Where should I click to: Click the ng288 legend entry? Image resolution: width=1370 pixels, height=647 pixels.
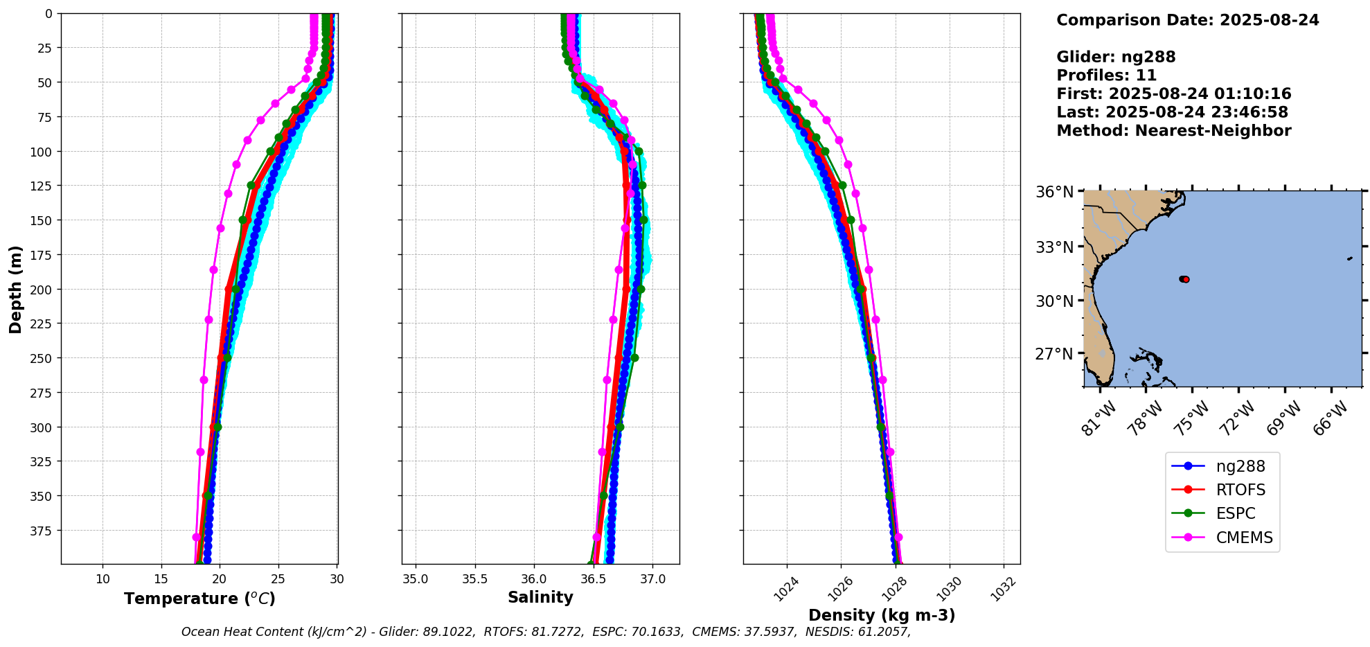pos(1240,466)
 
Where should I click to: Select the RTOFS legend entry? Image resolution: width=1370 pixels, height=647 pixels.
pos(1240,490)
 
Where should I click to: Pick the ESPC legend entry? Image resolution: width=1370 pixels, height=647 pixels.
pos(1235,513)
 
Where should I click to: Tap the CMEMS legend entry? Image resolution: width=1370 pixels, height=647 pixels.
pos(1244,538)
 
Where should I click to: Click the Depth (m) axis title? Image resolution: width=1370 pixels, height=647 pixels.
pos(15,289)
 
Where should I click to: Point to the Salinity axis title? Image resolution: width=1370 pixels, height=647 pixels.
pos(540,598)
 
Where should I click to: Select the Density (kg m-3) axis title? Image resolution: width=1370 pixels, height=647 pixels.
pos(881,615)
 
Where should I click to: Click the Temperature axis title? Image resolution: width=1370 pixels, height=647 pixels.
pos(199,599)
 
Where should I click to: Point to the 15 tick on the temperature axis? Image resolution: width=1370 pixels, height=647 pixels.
pos(161,578)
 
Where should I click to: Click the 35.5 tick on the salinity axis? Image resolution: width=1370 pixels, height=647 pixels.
pos(474,578)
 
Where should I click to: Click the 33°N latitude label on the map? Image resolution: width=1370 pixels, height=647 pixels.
pos(1054,247)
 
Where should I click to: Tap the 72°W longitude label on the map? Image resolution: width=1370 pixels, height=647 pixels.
pos(1237,418)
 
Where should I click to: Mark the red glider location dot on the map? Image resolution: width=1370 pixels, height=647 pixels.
pos(1185,279)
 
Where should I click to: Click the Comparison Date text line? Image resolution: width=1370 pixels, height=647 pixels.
pos(1187,20)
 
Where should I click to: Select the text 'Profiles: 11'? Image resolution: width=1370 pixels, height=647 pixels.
pos(1106,76)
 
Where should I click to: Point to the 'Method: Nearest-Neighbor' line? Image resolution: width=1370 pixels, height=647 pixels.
pos(1173,131)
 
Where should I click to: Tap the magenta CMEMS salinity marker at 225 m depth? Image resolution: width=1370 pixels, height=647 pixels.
pos(613,319)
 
